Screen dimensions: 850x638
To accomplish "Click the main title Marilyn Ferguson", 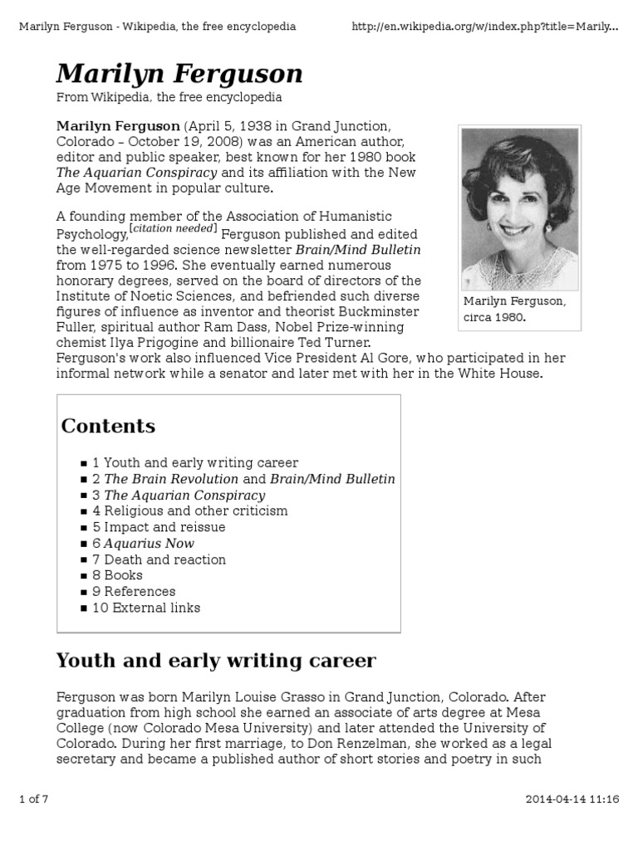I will point(179,75).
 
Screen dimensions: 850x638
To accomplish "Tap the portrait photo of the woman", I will point(519,208).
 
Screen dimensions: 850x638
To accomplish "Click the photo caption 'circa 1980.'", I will point(497,317).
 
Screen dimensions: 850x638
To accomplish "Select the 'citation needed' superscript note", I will point(174,228).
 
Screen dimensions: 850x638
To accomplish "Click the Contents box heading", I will point(108,427).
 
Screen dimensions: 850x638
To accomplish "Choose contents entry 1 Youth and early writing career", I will point(195,463).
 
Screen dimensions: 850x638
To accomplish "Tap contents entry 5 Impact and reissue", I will point(159,527).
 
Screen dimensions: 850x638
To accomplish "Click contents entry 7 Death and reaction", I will point(159,559).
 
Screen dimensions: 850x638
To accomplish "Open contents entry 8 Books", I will point(117,575).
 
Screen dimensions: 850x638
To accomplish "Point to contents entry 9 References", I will point(134,592).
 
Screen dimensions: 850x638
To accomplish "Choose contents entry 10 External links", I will point(146,608).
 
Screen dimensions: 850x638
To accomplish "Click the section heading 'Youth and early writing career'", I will point(215,662).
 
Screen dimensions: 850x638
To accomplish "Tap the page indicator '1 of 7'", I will point(34,799).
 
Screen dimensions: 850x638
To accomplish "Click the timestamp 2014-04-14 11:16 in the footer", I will point(572,799).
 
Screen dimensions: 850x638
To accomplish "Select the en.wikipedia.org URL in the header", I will point(484,27).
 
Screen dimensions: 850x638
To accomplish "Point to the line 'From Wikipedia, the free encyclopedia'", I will point(169,98).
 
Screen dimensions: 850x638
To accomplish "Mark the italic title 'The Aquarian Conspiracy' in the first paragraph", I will point(136,173).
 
